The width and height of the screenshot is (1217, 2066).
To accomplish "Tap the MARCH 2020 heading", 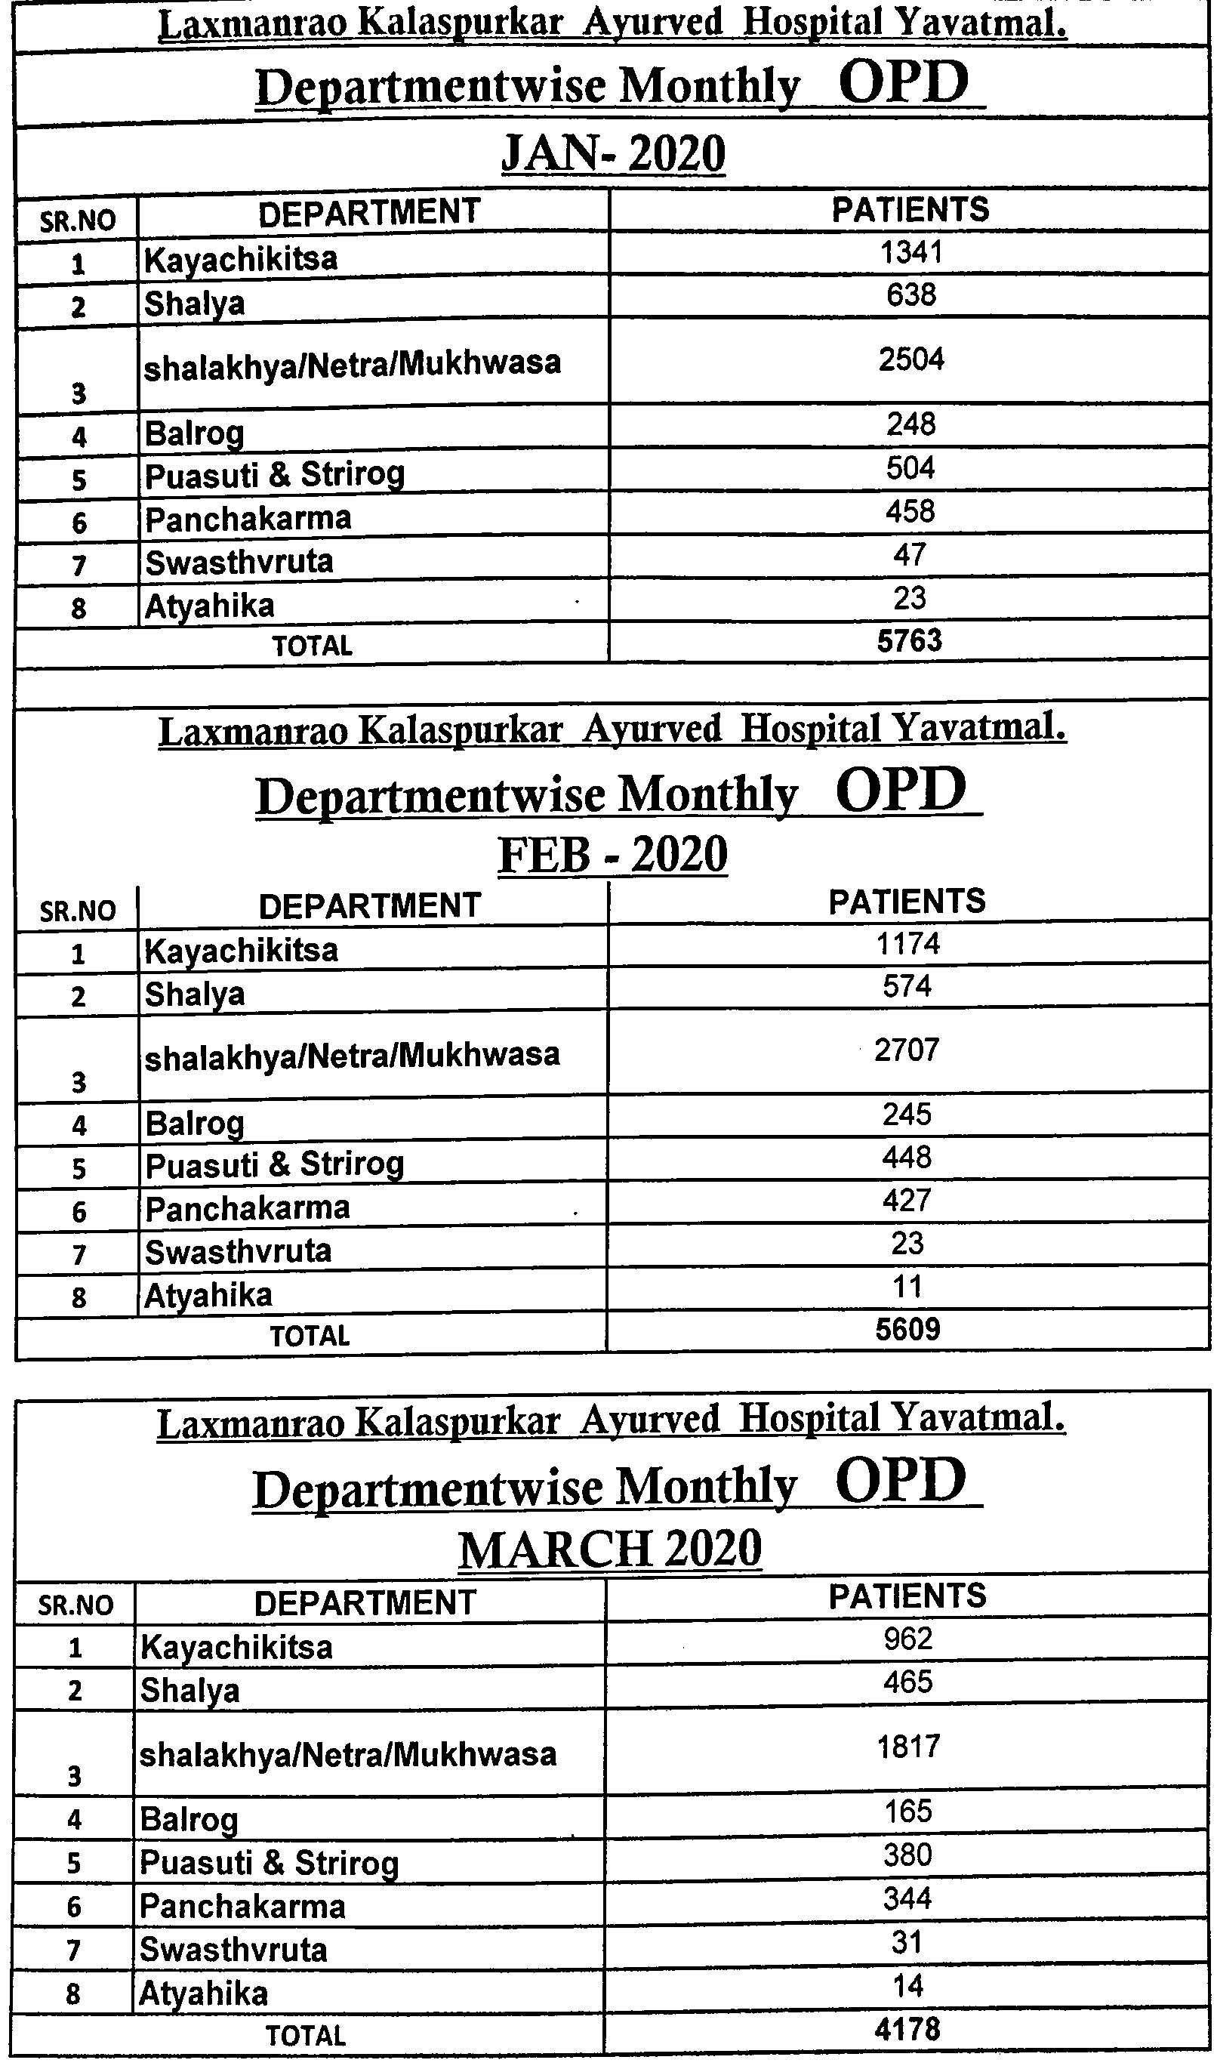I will coord(610,1549).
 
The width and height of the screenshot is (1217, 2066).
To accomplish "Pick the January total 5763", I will coord(910,640).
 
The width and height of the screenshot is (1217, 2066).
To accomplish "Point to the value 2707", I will coord(907,1050).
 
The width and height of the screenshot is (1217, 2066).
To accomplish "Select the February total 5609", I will coord(907,1330).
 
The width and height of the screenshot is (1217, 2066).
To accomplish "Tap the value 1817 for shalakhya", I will coord(907,1747).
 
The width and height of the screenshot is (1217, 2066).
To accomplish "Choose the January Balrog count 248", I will coord(910,424).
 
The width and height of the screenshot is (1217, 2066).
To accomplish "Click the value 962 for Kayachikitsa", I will coord(907,1639).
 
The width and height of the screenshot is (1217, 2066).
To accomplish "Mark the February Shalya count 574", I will coord(907,986).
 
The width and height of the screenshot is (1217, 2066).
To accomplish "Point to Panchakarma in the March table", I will coord(243,1906).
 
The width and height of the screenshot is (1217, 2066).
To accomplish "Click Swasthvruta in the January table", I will coord(239,563).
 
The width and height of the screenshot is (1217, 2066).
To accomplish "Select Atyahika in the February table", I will coord(208,1295).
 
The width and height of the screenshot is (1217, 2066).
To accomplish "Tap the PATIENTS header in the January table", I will coord(910,210).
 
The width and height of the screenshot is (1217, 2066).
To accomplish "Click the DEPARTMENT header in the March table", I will coord(365,1602).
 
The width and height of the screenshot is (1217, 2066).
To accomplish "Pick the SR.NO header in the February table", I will coord(78,911).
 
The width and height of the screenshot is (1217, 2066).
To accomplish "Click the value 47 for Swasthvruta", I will coord(910,554).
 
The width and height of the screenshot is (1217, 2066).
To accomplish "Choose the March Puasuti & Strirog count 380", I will coord(907,1855).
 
